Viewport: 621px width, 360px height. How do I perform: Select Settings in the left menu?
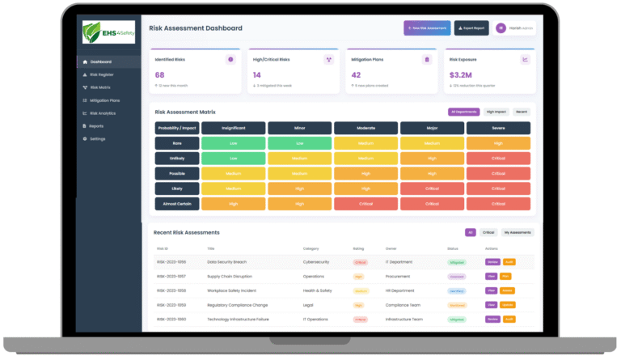[98, 139]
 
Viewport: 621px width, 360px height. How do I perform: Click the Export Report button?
[471, 28]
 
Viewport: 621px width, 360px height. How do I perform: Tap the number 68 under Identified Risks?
[160, 74]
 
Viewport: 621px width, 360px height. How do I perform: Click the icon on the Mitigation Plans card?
[427, 59]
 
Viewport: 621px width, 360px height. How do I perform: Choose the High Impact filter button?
[496, 112]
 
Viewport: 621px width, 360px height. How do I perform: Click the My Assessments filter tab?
[517, 232]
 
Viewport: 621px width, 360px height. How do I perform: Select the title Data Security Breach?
[226, 262]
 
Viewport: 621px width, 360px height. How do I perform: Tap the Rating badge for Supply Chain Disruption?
[358, 277]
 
